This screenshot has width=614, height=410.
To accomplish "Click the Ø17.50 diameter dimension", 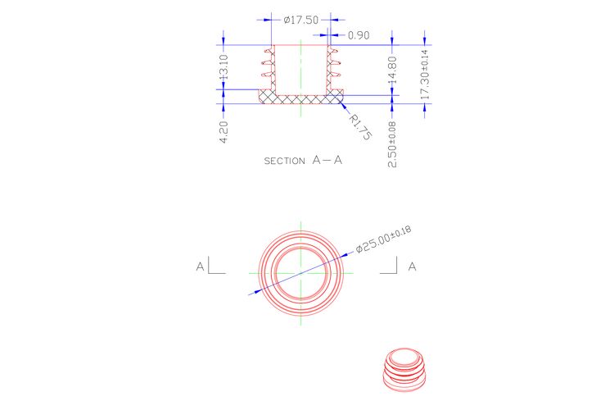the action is pos(300,20).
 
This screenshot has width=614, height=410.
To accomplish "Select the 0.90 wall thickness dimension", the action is pos(359,35).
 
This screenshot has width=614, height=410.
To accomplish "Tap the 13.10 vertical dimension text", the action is pos(223,67).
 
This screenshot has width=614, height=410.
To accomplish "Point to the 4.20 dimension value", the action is pos(223,132).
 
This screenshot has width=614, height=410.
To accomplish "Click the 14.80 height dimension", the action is pos(392,70).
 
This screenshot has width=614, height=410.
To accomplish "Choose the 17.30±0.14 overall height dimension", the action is pos(425,75).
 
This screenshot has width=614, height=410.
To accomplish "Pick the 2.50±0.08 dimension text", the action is pos(392,144).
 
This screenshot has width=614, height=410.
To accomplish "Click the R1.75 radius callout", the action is pos(360,126).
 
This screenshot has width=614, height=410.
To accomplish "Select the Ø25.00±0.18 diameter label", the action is pos(383,239).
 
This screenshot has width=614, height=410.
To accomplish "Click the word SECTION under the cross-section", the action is pos(284,161).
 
